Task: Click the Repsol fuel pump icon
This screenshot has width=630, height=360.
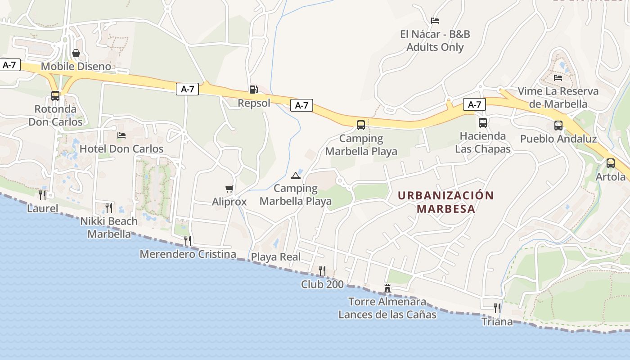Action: coord(253,90)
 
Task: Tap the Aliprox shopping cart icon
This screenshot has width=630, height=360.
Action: coord(229,189)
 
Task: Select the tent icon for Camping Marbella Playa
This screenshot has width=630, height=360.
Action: coord(295,175)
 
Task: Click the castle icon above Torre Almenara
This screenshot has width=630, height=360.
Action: coord(387,288)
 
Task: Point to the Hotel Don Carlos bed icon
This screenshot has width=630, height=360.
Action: coord(121,135)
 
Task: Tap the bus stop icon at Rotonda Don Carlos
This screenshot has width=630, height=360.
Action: coord(55,95)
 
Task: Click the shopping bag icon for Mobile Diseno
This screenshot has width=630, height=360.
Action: coord(76,53)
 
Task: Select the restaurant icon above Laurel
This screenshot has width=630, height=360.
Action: coord(42,195)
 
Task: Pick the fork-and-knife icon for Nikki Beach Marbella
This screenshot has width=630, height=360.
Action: coord(108,207)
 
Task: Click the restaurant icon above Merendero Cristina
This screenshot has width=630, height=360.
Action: coord(188,241)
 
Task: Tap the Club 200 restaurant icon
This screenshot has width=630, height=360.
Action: coord(322,270)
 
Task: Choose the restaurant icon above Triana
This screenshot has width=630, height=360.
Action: coord(497,308)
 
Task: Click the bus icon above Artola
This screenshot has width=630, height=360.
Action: coord(610,163)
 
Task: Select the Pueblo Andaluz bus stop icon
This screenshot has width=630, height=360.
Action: coord(558,125)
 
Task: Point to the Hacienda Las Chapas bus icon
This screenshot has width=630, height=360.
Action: coord(483,122)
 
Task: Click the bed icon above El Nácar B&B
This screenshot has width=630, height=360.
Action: coord(435,21)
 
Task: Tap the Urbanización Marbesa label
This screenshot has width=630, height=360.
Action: coord(446,202)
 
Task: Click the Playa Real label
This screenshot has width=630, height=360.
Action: coord(275,257)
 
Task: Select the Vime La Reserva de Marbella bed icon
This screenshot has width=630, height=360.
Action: coord(558,78)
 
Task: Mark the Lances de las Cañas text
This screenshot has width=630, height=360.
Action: coord(387,314)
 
